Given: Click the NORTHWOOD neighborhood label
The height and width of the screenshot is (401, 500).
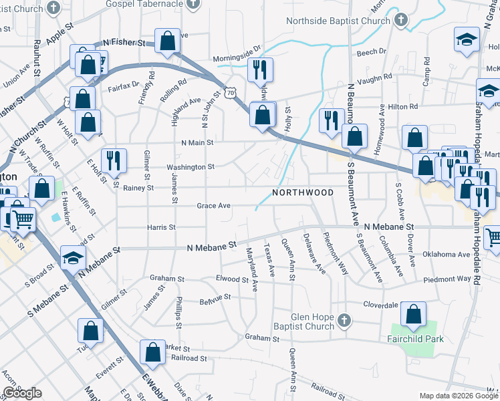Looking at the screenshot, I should [303, 192].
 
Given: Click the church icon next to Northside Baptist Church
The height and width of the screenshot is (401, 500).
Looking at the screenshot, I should [401, 20].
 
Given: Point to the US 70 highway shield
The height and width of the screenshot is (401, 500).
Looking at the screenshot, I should [230, 94].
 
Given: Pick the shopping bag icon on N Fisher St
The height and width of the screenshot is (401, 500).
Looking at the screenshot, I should [166, 41].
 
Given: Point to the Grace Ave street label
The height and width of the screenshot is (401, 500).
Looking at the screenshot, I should [214, 206].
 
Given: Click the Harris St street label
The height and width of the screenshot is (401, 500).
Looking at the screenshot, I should [161, 227].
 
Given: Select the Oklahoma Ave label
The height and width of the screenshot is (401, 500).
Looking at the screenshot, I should [447, 255].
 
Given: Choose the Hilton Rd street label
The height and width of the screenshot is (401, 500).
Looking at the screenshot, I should [403, 106].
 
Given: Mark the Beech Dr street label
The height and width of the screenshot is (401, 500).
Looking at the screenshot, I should [372, 51].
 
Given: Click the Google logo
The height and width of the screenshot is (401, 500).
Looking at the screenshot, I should [22, 393].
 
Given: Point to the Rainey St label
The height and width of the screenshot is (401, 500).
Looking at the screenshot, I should [138, 188].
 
